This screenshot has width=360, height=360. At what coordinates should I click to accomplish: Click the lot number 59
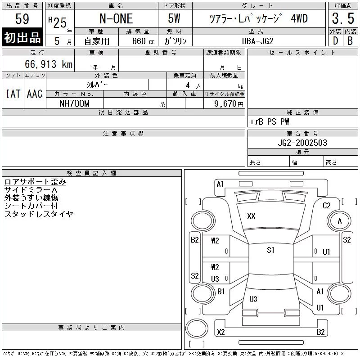click(x=22, y=18)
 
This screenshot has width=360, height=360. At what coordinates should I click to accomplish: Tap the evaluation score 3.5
click(x=343, y=18)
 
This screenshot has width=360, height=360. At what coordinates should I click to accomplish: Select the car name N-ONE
click(x=116, y=18)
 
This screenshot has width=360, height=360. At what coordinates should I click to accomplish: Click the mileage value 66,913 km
click(x=49, y=64)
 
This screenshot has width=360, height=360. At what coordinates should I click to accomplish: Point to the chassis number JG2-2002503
click(x=302, y=143)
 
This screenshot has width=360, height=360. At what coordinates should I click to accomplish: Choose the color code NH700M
click(x=74, y=103)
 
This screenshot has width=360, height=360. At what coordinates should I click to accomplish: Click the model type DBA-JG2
click(x=258, y=41)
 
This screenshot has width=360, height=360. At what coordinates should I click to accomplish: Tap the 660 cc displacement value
click(x=144, y=41)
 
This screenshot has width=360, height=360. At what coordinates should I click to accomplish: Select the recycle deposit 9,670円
click(x=229, y=104)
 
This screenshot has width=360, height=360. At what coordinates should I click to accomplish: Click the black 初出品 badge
click(x=22, y=37)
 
